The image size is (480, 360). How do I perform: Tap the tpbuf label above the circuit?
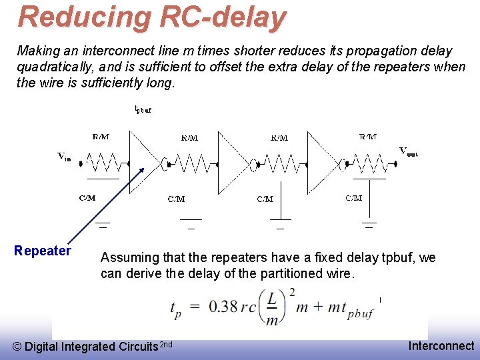click(x=143, y=109)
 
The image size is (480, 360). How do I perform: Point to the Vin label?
click(x=64, y=157)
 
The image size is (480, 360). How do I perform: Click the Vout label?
click(x=409, y=152)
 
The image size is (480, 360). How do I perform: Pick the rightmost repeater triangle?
click(x=322, y=162)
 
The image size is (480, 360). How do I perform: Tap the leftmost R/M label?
click(x=101, y=137)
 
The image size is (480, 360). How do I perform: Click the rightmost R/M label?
click(x=368, y=137)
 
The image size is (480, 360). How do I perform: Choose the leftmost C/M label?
click(x=87, y=198)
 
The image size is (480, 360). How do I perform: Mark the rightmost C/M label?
click(x=354, y=198)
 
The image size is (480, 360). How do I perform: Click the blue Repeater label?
click(x=43, y=251)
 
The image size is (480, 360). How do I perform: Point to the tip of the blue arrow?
click(x=144, y=167)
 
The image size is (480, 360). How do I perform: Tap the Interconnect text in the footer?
click(x=441, y=346)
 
